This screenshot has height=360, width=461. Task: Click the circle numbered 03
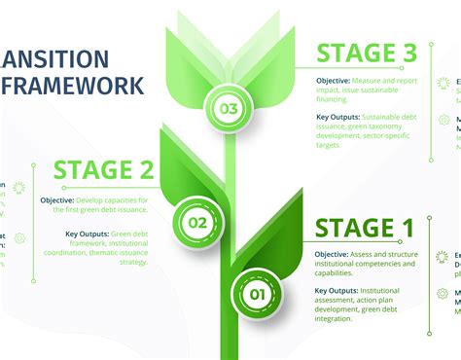point(228,108)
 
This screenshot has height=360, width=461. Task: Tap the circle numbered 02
point(197,223)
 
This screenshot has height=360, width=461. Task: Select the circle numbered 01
point(258,293)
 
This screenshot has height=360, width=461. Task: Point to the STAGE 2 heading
point(104,171)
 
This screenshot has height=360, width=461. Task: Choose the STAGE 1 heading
point(365,231)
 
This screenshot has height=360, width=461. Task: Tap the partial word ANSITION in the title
point(54,58)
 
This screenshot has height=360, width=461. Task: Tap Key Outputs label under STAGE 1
point(337,290)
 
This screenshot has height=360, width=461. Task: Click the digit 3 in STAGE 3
point(411,54)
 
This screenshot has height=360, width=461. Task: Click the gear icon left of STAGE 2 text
point(19,237)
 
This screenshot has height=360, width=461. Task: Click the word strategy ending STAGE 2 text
point(132,262)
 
